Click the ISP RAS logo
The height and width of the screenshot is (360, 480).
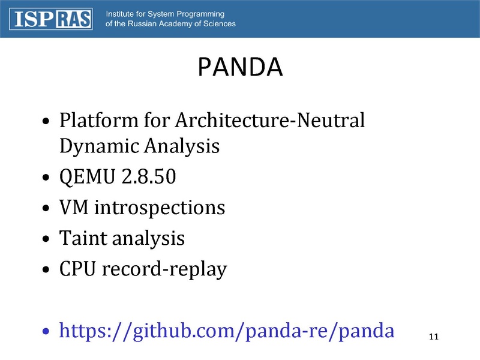[x=51, y=19]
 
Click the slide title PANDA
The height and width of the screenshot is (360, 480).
[x=241, y=67]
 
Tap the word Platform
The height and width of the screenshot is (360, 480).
[x=99, y=121]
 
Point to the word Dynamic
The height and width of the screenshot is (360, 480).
[x=100, y=146]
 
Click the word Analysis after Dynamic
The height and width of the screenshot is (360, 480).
[x=182, y=146]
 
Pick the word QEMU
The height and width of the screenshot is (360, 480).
[x=87, y=176]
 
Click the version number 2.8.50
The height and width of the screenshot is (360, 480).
[x=149, y=176]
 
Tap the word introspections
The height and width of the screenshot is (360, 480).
[x=160, y=208]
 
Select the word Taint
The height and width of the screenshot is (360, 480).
[x=83, y=238]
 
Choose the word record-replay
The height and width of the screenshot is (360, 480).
[x=164, y=269]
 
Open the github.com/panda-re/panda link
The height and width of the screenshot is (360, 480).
[x=227, y=331]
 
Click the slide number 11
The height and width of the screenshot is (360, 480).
[x=434, y=337]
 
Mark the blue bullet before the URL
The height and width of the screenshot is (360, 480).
[x=46, y=331]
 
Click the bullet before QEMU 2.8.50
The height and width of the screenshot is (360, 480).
[x=46, y=177]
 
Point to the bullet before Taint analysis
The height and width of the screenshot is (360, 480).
[x=46, y=238]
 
